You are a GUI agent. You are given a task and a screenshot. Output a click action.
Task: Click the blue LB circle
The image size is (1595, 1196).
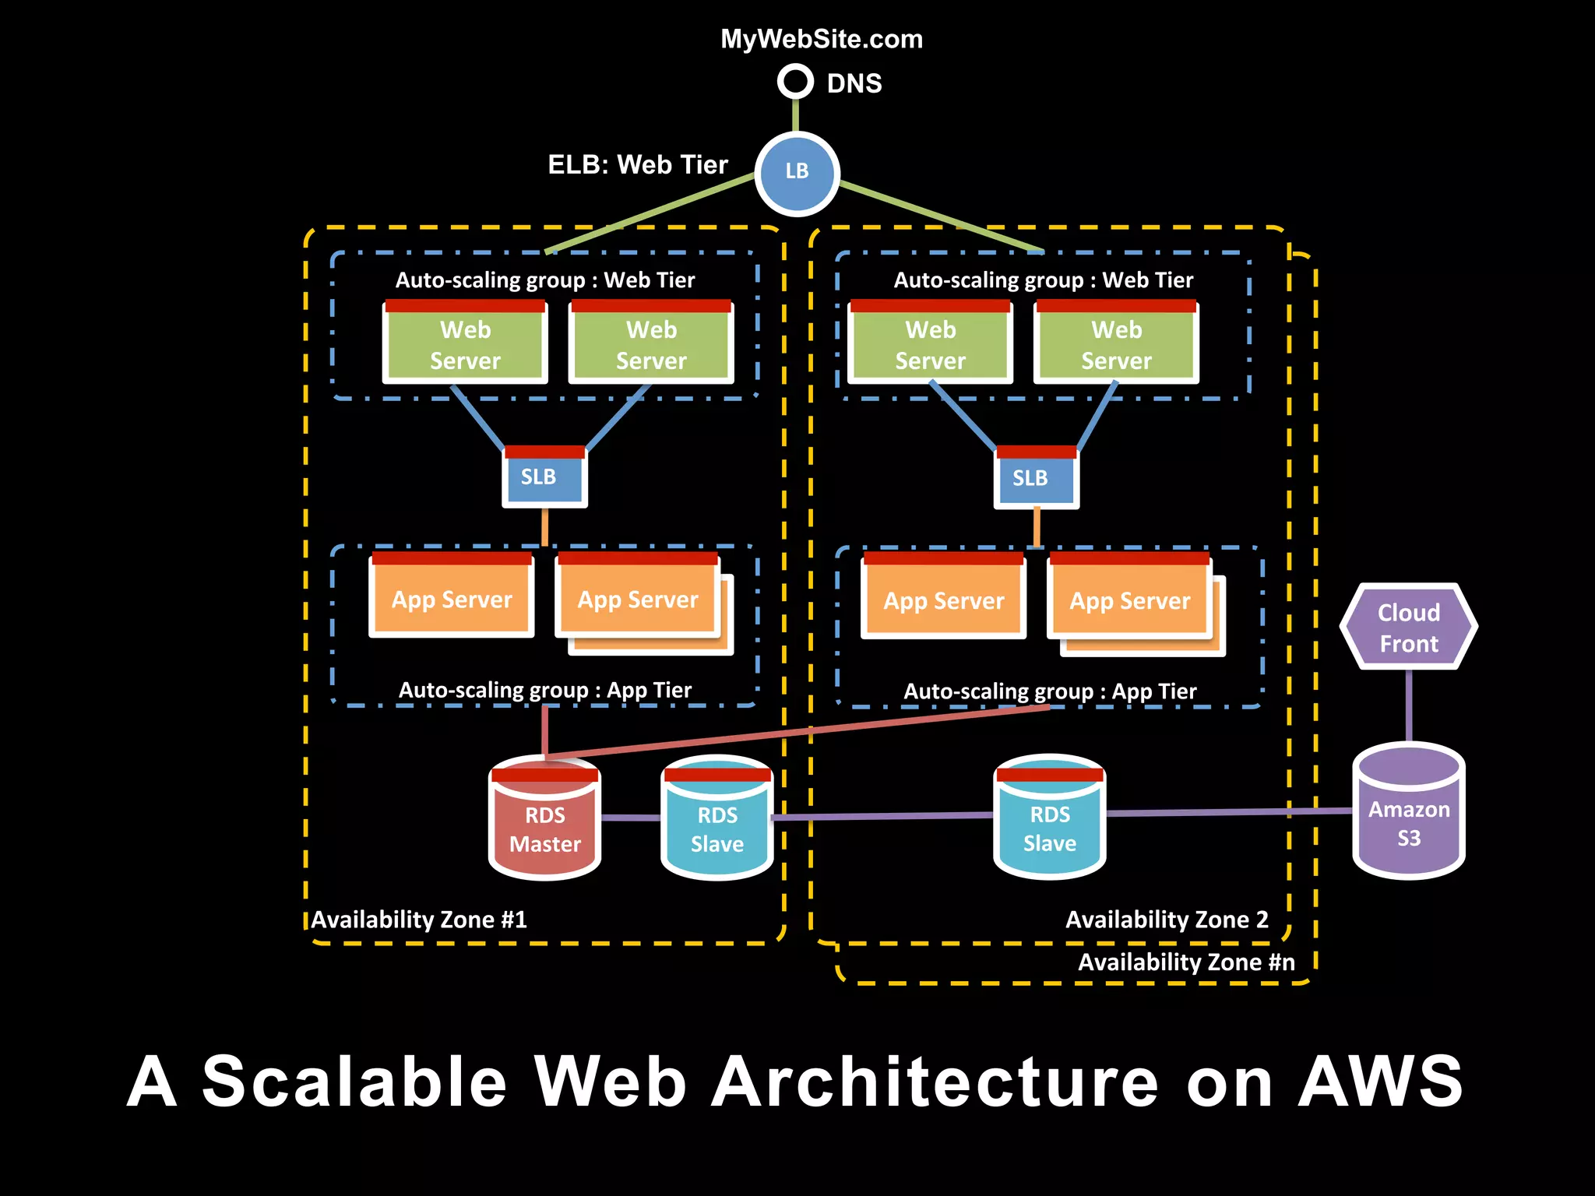(797, 173)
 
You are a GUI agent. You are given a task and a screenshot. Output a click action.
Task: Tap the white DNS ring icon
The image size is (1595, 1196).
(795, 81)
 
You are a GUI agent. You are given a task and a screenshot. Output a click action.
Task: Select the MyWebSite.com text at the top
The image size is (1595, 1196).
(822, 39)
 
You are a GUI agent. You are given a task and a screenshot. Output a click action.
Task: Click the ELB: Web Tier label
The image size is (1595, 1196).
(638, 165)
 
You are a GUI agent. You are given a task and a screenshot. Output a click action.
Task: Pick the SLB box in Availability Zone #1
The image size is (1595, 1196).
(544, 477)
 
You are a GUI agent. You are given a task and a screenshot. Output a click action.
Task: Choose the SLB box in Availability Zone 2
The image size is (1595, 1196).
(1036, 478)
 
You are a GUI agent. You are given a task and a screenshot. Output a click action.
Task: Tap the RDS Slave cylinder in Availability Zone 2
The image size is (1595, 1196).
(1049, 818)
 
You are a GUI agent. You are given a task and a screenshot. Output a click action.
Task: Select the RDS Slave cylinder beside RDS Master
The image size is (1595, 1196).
(717, 819)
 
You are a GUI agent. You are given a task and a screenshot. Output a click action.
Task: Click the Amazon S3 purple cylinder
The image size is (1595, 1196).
(1408, 814)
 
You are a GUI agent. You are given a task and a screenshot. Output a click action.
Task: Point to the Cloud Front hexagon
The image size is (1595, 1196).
(1408, 628)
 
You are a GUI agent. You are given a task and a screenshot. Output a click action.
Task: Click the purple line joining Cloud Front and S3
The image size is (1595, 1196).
(1408, 705)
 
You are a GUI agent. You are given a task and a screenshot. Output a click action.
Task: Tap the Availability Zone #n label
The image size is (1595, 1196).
(1185, 962)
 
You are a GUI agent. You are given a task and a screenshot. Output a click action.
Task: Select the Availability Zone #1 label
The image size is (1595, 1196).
(419, 920)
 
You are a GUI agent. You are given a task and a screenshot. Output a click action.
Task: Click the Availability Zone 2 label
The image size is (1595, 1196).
(1167, 920)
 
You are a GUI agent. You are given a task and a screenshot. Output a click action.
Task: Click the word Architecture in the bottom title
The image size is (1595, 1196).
(935, 1082)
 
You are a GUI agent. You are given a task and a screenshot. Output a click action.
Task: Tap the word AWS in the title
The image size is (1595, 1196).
(1380, 1082)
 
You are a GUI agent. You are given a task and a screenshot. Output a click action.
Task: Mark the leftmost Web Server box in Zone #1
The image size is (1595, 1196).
(465, 343)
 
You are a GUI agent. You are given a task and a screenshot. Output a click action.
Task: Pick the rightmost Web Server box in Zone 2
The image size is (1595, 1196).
(1116, 343)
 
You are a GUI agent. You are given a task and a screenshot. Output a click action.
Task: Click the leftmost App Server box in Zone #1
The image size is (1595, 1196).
(452, 596)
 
